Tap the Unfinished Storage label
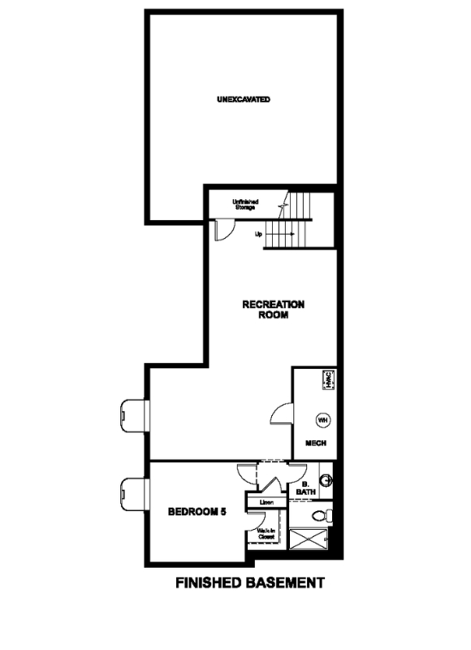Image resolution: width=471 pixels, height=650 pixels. tap(244, 205)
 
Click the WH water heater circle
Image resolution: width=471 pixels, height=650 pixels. tap(322, 420)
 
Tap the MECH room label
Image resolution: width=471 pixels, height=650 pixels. tap(316, 444)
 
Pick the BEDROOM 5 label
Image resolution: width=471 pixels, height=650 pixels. tap(197, 512)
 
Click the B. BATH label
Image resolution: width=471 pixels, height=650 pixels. tap(305, 489)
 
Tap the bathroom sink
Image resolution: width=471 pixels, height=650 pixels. tap(326, 481)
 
